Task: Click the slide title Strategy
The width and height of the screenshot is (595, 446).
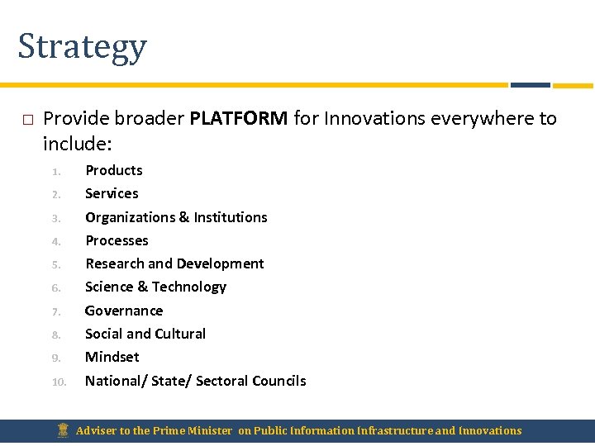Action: pyautogui.click(x=82, y=47)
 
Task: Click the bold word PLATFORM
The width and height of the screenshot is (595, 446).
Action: pyautogui.click(x=238, y=118)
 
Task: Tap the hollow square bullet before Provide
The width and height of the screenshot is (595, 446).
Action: pyautogui.click(x=27, y=120)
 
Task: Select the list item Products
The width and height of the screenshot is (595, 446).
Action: pyautogui.click(x=113, y=170)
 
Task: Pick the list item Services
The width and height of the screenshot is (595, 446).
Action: pyautogui.click(x=112, y=193)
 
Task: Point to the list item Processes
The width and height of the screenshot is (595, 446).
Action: pyautogui.click(x=117, y=240)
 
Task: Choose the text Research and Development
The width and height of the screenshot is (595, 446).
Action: pyautogui.click(x=174, y=263)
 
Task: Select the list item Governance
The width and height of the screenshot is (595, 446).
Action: pyautogui.click(x=124, y=311)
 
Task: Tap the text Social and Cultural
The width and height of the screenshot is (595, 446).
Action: pyautogui.click(x=145, y=334)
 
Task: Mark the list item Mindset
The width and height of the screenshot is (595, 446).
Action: pyautogui.click(x=112, y=357)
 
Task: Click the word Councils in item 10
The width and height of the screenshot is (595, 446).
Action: pyautogui.click(x=278, y=381)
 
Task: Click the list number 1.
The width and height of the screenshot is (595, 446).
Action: pyautogui.click(x=56, y=172)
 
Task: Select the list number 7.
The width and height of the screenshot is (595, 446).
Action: pyautogui.click(x=56, y=312)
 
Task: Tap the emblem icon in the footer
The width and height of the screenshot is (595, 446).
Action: pyautogui.click(x=62, y=430)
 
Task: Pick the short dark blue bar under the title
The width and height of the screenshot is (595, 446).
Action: pyautogui.click(x=530, y=84)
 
